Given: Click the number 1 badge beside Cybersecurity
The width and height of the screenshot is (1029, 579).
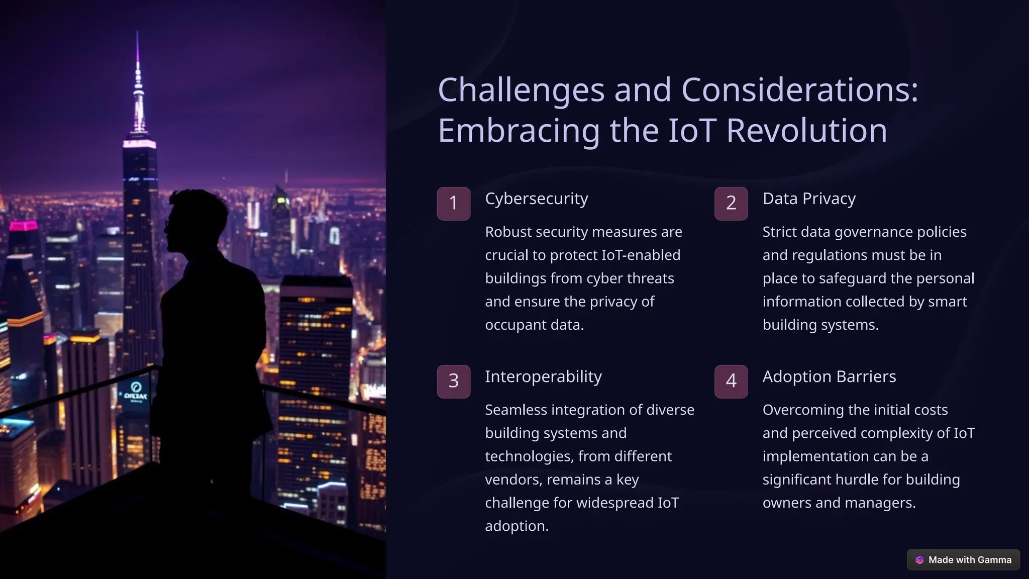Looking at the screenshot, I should [453, 204].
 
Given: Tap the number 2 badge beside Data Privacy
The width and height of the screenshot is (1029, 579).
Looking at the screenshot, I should [731, 204].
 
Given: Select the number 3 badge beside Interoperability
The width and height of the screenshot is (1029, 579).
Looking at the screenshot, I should [453, 381].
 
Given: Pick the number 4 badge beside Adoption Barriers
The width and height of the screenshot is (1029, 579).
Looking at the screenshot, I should [731, 381].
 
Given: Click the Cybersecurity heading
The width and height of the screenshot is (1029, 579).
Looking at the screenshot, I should [536, 199].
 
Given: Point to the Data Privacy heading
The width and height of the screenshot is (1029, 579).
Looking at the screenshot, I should [809, 199].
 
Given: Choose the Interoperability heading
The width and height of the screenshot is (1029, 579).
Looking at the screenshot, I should [543, 377].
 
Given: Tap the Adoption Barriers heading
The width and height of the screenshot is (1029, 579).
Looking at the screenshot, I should [829, 377].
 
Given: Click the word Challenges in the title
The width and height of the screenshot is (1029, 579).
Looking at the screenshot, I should [521, 90].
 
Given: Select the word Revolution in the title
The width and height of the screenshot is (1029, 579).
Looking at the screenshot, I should [806, 131].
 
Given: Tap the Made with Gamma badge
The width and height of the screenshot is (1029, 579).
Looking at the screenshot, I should [963, 560].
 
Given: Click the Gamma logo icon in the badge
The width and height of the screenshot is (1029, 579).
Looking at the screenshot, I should [919, 560].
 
